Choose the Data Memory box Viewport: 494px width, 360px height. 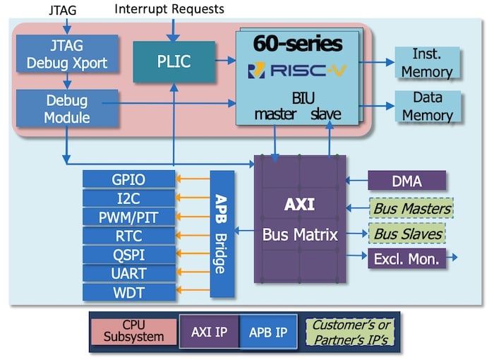tap(428, 106)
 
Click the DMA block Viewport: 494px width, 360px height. tap(406, 181)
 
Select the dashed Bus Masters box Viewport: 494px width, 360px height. tap(410, 208)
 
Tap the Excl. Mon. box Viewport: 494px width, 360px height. tap(407, 258)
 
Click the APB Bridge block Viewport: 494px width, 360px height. tap(221, 234)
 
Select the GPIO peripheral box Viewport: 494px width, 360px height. tap(128, 179)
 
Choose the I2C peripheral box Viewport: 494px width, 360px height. tap(128, 198)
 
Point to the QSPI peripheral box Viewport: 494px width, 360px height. tap(128, 254)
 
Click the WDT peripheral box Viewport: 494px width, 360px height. tap(128, 292)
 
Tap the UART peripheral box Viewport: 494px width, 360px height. tap(128, 273)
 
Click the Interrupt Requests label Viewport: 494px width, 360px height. tap(169, 9)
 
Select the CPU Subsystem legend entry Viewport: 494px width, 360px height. tap(133, 331)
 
